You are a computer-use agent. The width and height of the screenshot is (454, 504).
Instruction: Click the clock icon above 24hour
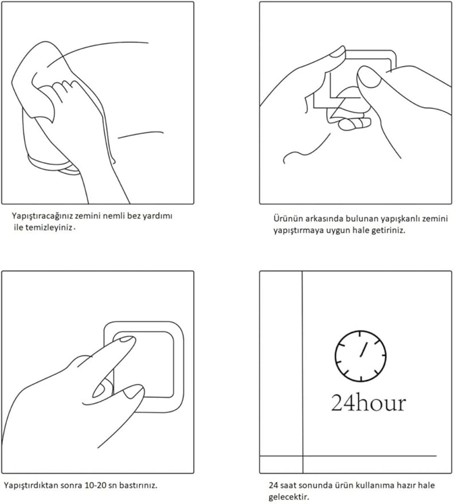click(x=361, y=356)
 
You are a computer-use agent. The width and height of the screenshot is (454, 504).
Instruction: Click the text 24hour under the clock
click(x=369, y=403)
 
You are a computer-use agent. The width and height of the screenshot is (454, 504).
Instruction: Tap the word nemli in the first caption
click(x=114, y=216)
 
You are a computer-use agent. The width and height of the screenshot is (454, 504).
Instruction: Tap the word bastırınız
click(x=138, y=485)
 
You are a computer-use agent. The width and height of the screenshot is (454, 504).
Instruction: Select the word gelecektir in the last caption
click(x=289, y=497)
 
